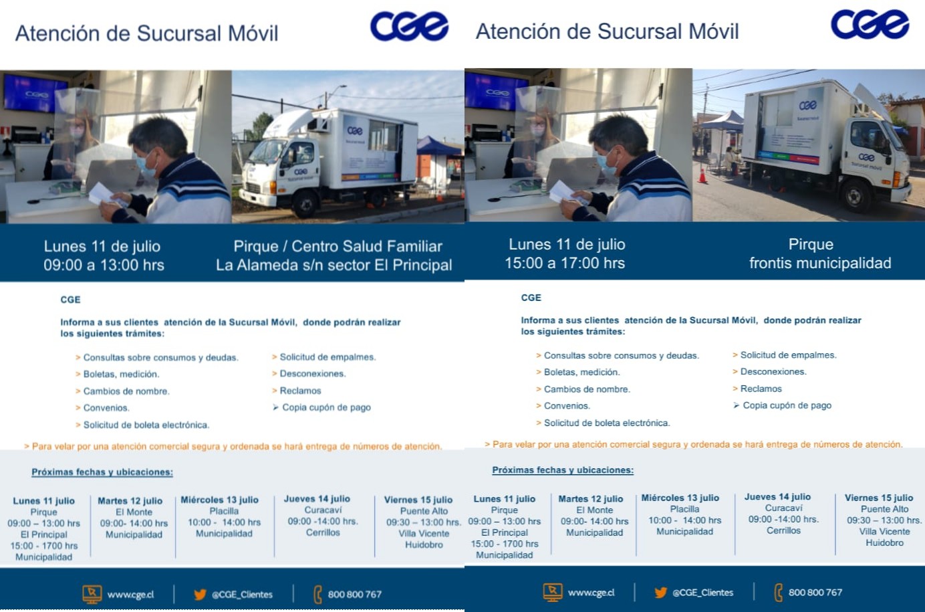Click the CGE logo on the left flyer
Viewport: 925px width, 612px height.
pyautogui.click(x=409, y=27)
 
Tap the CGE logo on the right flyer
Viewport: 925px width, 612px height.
pyautogui.click(x=870, y=24)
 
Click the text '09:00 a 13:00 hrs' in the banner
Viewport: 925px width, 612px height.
pyautogui.click(x=104, y=265)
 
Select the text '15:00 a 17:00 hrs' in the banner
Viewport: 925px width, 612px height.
pyautogui.click(x=565, y=263)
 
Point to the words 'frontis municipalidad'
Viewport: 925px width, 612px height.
pyautogui.click(x=820, y=263)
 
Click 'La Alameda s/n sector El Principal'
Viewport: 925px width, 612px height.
pyautogui.click(x=334, y=265)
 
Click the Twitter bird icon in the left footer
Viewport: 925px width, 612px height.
pyautogui.click(x=200, y=594)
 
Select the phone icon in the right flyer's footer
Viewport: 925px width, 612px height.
pyautogui.click(x=778, y=593)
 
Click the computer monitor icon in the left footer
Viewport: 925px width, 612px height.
pyautogui.click(x=92, y=594)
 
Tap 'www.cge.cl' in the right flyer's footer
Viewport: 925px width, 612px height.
pyautogui.click(x=591, y=593)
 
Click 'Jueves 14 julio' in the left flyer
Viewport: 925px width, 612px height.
pyautogui.click(x=317, y=499)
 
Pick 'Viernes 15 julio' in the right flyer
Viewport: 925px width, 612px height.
pyautogui.click(x=879, y=498)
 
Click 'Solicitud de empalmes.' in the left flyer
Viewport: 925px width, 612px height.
pyautogui.click(x=328, y=357)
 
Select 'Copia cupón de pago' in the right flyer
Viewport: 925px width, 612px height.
pyautogui.click(x=787, y=405)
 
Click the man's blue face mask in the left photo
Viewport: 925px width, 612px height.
pyautogui.click(x=147, y=165)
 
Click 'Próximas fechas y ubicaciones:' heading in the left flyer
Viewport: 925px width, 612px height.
pyautogui.click(x=102, y=472)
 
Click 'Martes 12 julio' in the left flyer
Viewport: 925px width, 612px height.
pyautogui.click(x=130, y=500)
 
